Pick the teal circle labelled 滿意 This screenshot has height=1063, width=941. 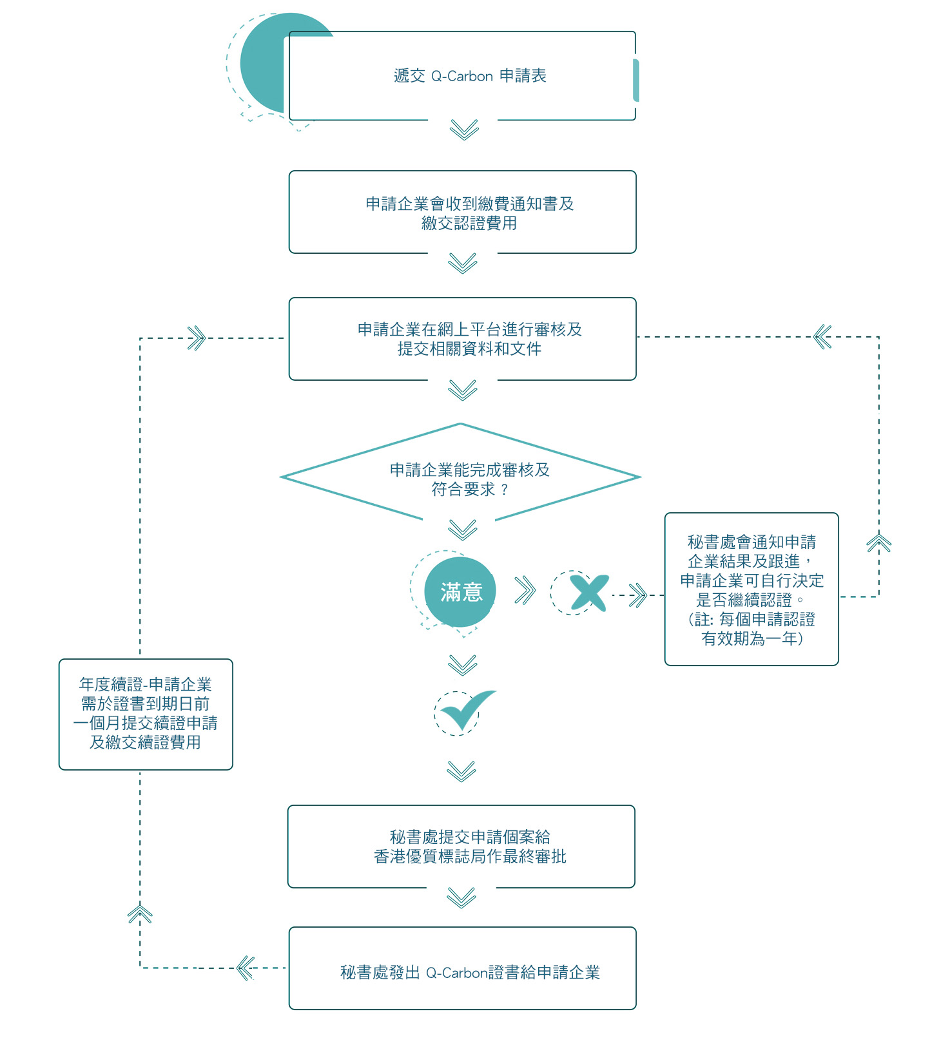(460, 592)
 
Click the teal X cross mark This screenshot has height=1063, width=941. (589, 593)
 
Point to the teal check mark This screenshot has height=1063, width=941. (467, 710)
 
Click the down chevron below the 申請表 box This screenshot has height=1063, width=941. (464, 129)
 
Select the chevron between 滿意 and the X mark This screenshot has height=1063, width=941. (525, 590)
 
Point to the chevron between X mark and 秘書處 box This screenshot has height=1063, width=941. (638, 595)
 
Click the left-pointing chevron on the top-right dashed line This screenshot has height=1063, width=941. (822, 336)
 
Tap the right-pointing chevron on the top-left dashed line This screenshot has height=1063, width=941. (197, 338)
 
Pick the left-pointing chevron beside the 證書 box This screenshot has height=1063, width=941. (246, 968)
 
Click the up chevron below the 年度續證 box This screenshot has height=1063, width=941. (140, 914)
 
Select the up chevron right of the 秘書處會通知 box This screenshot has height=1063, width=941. (879, 543)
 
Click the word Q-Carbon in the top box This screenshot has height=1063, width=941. (462, 76)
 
